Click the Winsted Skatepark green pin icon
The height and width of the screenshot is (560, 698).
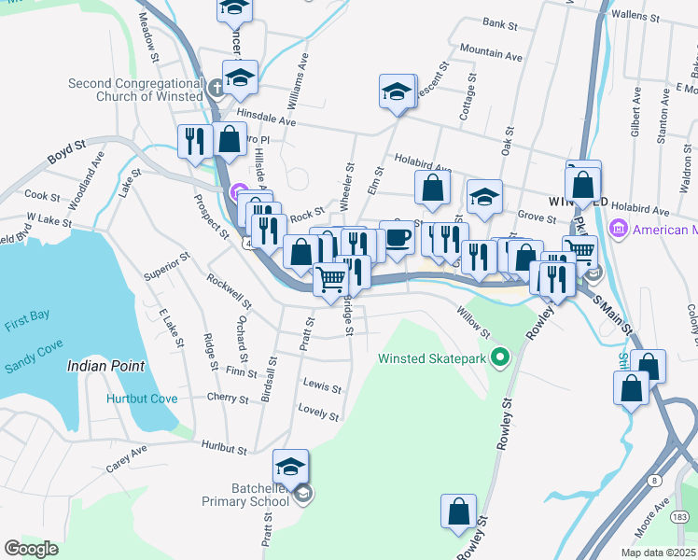pos(500,357)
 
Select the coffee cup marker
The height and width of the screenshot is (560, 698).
pos(397,239)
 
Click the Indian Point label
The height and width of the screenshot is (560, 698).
pos(98,366)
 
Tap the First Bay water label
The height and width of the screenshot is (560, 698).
pos(25,316)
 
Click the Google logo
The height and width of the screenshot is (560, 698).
pos(31,549)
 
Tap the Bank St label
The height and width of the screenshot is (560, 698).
pos(500,22)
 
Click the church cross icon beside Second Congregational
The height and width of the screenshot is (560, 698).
pos(216,91)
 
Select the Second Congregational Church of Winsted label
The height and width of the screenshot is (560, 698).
pos(134,90)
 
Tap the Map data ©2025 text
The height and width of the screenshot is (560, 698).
pos(657,553)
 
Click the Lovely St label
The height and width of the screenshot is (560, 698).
pos(318,409)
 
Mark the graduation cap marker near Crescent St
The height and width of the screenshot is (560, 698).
pos(397,92)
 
